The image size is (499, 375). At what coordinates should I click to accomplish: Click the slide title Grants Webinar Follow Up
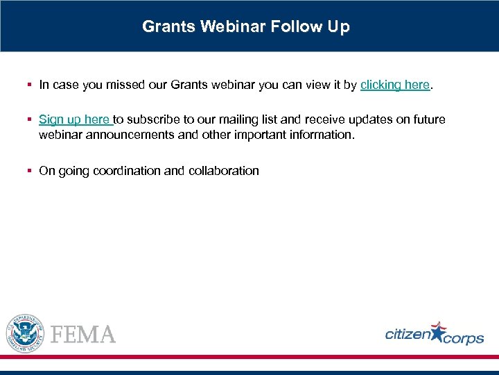(x=246, y=27)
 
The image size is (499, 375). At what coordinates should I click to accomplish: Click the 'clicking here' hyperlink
(x=395, y=85)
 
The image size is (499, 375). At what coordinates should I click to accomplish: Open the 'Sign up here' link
(x=74, y=119)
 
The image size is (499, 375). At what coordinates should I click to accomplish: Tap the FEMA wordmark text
(x=83, y=335)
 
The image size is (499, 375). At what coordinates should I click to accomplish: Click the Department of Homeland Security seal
(x=25, y=333)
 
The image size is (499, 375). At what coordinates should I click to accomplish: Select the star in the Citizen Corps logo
(x=439, y=333)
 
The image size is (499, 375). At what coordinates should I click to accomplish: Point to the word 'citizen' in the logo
(x=408, y=335)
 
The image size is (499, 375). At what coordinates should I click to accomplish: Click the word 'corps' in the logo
(x=464, y=339)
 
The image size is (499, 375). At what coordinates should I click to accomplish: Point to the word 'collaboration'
(x=223, y=170)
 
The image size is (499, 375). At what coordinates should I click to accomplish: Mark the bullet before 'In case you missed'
(x=30, y=85)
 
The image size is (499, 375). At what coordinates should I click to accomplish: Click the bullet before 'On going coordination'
(x=30, y=170)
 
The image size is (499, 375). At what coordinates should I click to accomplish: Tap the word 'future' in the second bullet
(x=428, y=119)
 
